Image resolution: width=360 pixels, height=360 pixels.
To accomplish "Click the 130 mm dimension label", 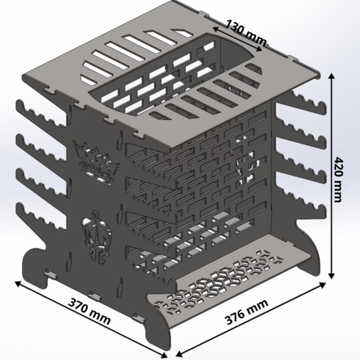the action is (246, 33).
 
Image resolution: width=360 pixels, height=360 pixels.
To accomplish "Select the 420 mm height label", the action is (338, 179).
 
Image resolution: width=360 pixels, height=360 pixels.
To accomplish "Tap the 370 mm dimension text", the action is (89, 311).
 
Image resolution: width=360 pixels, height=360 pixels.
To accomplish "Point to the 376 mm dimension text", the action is (247, 312).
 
